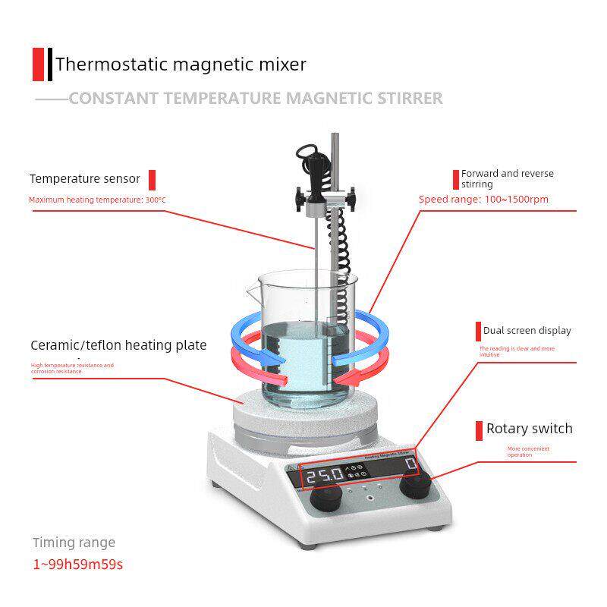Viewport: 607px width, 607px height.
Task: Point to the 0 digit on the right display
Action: (x=410, y=465)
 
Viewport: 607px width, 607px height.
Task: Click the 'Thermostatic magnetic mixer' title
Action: (x=181, y=64)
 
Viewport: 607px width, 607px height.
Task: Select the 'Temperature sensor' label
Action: (x=85, y=179)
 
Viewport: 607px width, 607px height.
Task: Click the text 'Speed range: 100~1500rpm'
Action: (x=484, y=200)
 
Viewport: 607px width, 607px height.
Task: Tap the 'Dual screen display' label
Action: (x=527, y=331)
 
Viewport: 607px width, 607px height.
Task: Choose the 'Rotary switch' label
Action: (x=529, y=429)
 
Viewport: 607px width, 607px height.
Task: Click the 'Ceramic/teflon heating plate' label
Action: (x=118, y=345)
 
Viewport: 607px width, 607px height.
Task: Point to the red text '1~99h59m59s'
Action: (x=77, y=565)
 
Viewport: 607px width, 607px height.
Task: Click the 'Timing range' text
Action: (x=74, y=543)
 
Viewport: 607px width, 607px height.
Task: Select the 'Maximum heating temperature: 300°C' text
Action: (x=97, y=200)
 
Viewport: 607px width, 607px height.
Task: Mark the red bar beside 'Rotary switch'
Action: (x=479, y=430)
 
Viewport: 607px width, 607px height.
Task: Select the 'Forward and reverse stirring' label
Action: (x=507, y=178)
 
